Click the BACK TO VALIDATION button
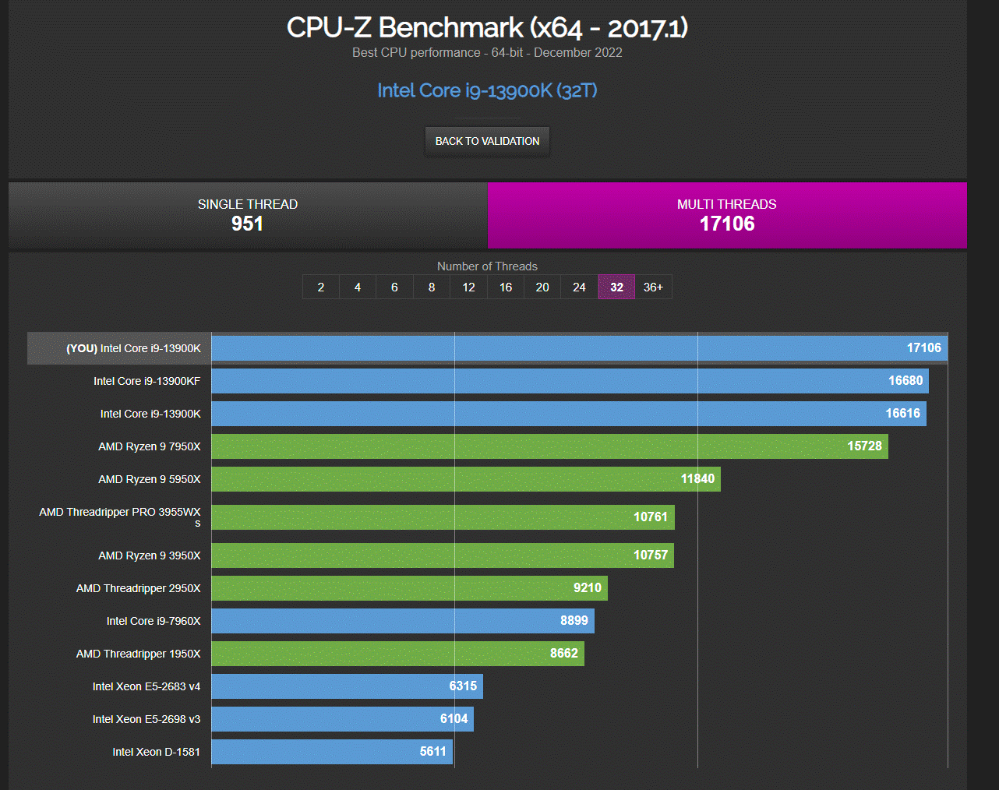(x=487, y=141)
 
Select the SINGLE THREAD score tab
(x=248, y=215)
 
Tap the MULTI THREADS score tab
(x=727, y=215)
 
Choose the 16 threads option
(x=506, y=287)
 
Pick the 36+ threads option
(x=653, y=287)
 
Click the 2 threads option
(x=321, y=287)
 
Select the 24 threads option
(x=579, y=287)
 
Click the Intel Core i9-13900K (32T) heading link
(x=487, y=90)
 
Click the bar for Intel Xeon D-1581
(x=332, y=752)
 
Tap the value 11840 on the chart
(x=697, y=479)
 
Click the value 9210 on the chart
(x=588, y=588)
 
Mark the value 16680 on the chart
(x=905, y=381)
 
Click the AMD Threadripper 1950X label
(x=138, y=654)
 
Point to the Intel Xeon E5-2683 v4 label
(x=146, y=686)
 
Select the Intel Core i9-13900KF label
(x=146, y=381)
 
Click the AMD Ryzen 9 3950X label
(x=149, y=555)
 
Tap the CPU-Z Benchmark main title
(x=487, y=28)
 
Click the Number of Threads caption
(x=487, y=266)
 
